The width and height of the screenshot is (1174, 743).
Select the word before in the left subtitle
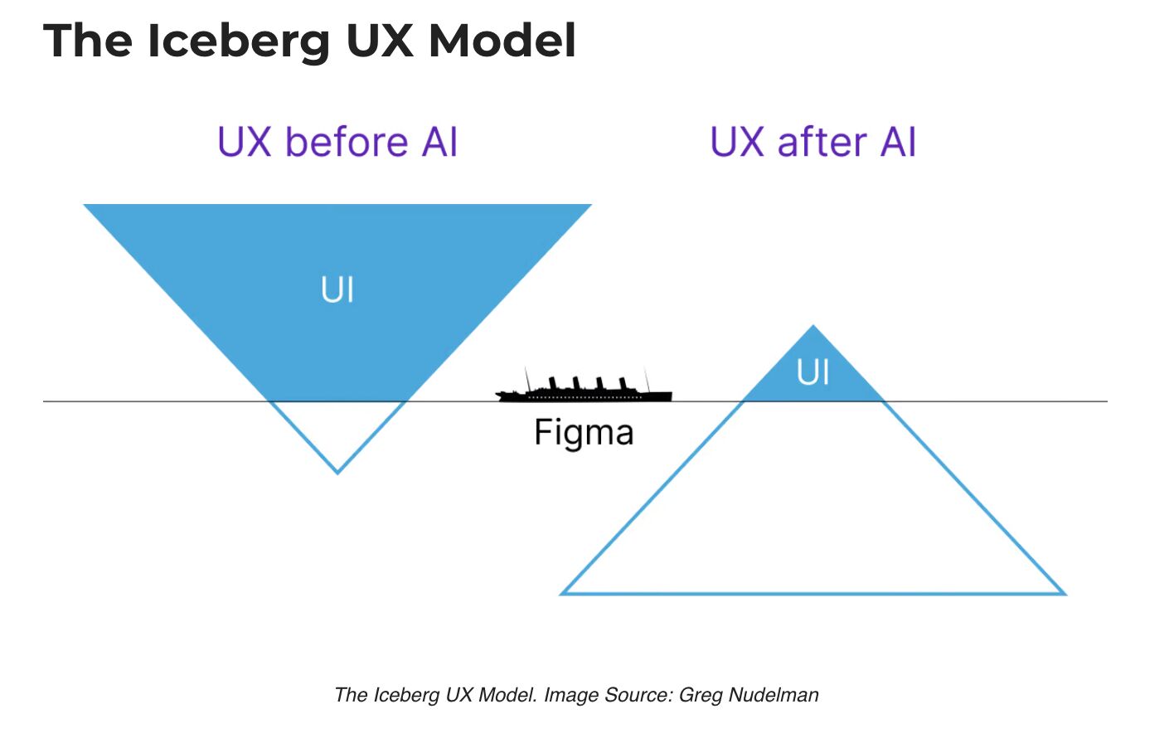[x=347, y=142]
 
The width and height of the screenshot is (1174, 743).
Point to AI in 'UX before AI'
[x=439, y=142]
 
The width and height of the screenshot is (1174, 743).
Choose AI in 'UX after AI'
[x=898, y=142]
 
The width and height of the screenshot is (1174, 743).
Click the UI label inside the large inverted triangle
[x=337, y=290]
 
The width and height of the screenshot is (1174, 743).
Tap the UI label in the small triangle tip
[x=813, y=372]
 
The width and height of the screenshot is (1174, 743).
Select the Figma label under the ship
[x=584, y=433]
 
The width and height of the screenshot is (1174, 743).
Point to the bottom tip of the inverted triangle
[x=337, y=472]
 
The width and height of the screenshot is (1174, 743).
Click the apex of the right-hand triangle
[x=813, y=327]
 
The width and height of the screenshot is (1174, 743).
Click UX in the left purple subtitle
[x=245, y=142]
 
